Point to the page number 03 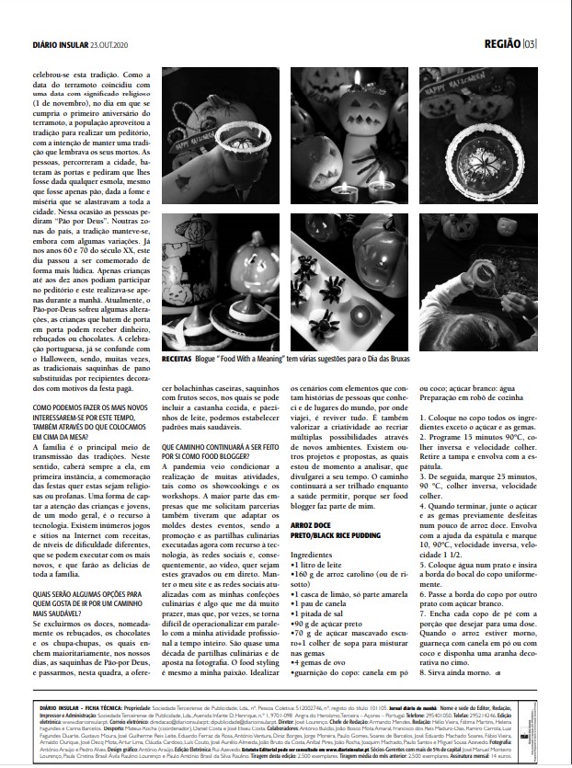click(529, 43)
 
